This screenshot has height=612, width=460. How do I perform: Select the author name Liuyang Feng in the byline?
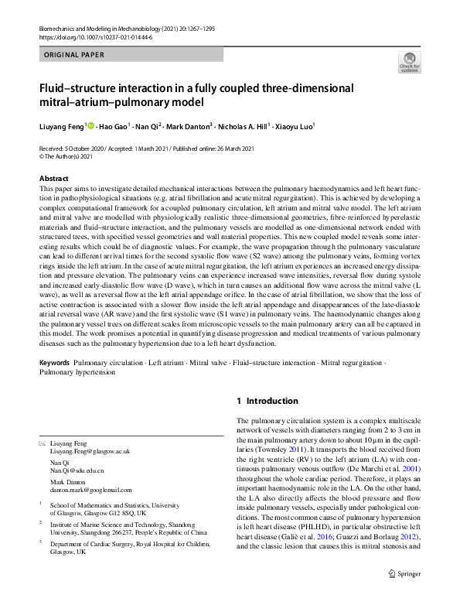(x=62, y=125)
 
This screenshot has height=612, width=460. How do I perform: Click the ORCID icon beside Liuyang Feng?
(x=90, y=125)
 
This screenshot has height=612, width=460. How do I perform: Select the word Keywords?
(x=54, y=363)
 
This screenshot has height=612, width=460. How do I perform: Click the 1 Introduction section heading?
(x=267, y=401)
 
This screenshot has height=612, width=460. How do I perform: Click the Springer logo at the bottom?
(x=404, y=594)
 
